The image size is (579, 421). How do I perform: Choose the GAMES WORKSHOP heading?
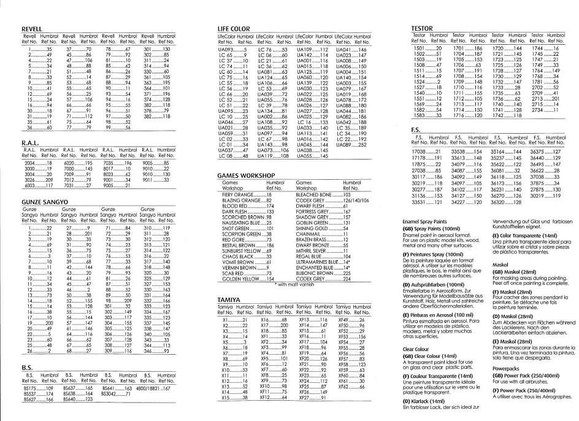[246, 176]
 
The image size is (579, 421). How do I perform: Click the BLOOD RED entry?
[235, 206]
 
